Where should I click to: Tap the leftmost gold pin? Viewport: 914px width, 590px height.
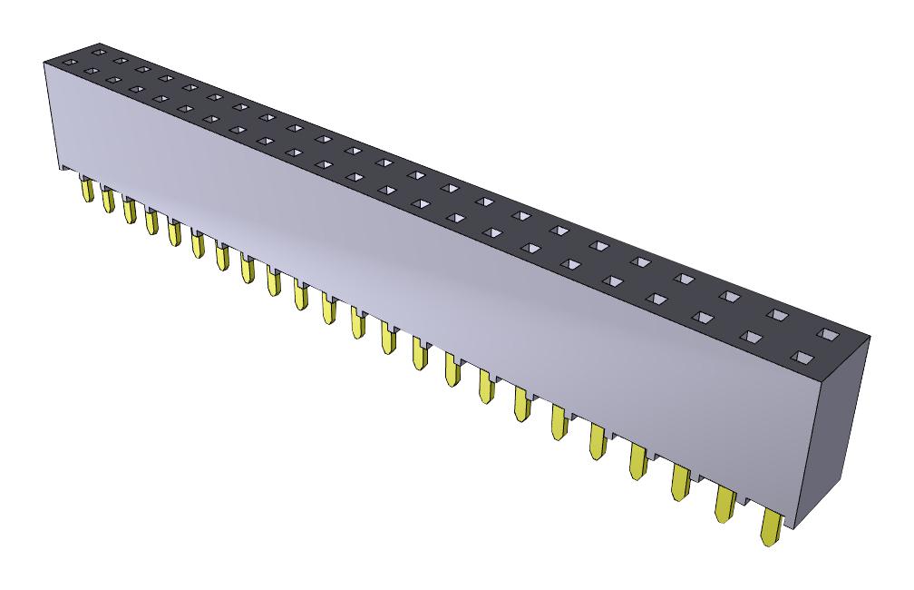(x=88, y=190)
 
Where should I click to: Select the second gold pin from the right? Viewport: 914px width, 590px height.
(x=726, y=505)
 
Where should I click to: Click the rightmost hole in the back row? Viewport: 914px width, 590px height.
(x=830, y=333)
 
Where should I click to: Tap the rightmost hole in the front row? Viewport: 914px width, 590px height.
(x=801, y=357)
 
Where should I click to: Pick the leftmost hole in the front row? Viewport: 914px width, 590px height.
(x=91, y=70)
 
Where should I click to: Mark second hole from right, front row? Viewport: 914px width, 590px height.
(x=750, y=337)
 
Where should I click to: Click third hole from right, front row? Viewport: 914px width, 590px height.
(x=703, y=317)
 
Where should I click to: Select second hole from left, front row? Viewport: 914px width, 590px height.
(x=112, y=79)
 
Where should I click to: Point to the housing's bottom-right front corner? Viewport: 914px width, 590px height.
(x=796, y=527)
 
